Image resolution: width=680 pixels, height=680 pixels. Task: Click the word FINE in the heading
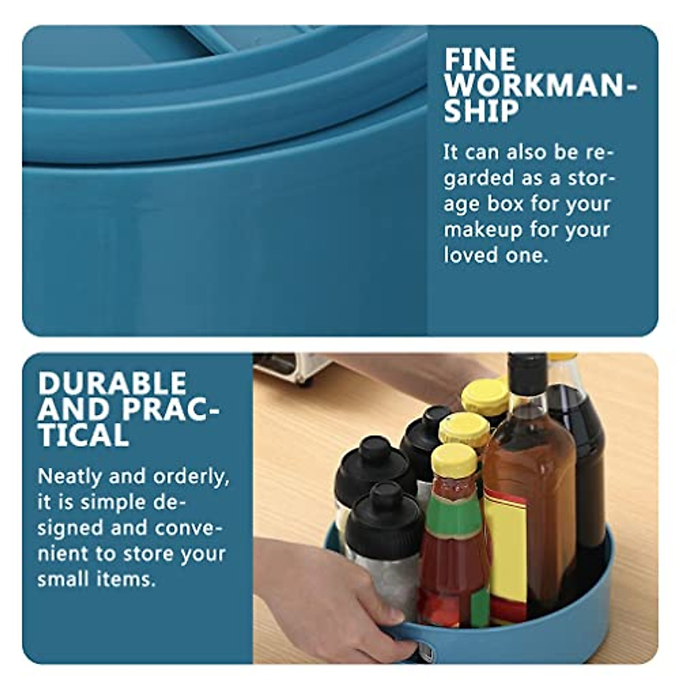click(x=480, y=59)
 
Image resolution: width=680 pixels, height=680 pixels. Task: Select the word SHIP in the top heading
click(x=481, y=111)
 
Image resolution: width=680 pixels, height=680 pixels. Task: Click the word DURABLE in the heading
click(x=112, y=384)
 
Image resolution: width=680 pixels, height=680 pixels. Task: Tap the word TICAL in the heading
click(x=83, y=435)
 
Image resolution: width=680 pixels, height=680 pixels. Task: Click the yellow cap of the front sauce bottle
click(x=454, y=460)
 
